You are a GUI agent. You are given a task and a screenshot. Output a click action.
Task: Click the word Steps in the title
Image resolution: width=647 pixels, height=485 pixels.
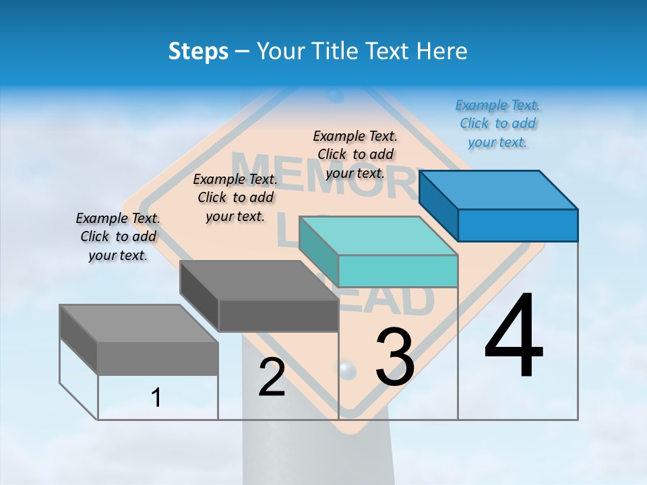coord(198,51)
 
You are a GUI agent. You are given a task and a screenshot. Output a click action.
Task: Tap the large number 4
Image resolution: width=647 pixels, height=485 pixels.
coord(514,336)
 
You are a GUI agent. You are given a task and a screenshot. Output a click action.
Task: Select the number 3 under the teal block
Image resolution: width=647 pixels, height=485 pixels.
coord(395,357)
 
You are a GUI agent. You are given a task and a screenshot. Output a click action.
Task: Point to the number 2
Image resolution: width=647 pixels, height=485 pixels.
coord(272,377)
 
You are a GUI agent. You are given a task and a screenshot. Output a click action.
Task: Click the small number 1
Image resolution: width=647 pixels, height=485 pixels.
coord(156,397)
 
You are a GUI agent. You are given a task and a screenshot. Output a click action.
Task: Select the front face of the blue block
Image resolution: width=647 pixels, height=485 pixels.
coord(518,225)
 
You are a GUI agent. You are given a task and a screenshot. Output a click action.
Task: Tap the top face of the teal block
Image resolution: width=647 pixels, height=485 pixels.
coord(377,236)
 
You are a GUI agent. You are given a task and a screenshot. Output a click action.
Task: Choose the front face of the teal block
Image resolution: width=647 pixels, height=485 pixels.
coord(398,271)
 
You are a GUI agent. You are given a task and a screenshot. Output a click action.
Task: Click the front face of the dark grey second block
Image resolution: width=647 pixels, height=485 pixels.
coord(278,315)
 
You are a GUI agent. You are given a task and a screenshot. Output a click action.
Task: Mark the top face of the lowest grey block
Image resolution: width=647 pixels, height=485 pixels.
coord(138,323)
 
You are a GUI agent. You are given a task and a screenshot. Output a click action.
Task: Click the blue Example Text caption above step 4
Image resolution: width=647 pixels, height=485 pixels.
coord(497,124)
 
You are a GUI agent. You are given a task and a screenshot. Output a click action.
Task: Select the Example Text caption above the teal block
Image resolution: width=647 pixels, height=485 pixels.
coord(355,154)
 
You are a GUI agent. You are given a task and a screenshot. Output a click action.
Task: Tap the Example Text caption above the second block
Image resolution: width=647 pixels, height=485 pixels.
coord(235,197)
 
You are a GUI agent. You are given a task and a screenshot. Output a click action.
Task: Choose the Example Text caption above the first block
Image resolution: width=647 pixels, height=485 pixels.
coord(118,236)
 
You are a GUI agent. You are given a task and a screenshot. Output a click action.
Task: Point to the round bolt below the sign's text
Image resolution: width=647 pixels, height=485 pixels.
coord(346,369)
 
